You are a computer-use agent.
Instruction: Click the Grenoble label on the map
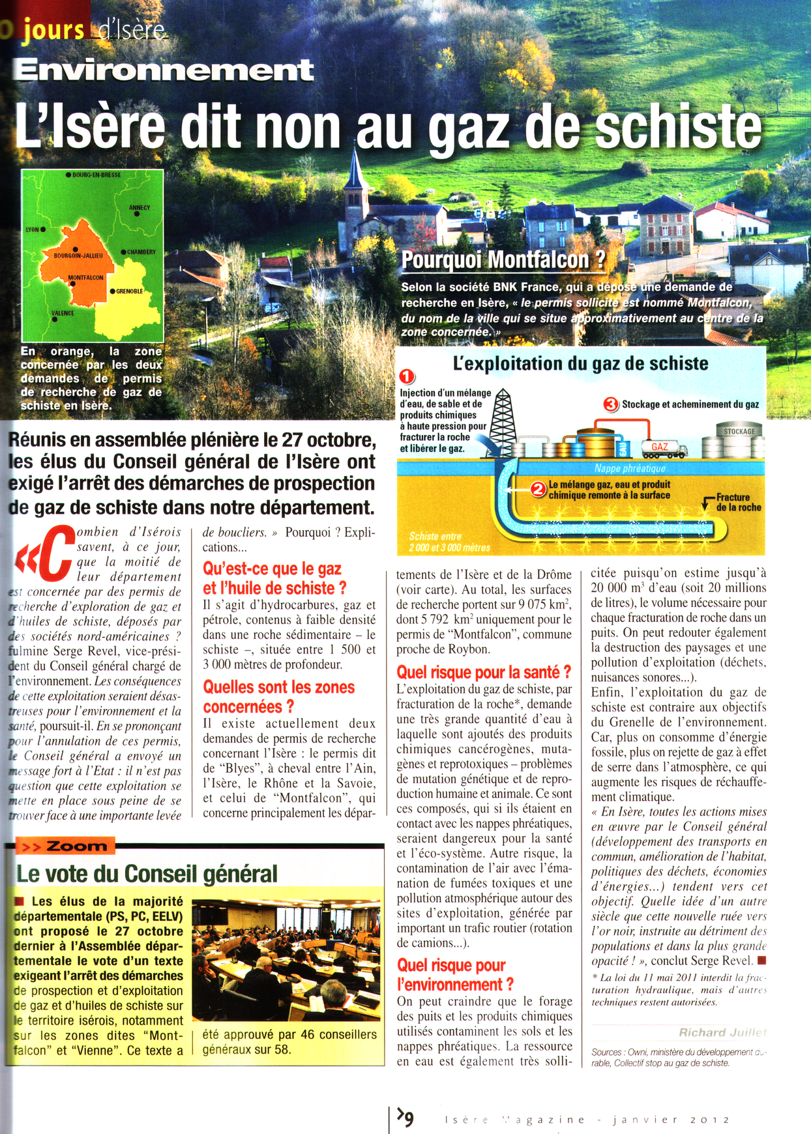click(x=129, y=291)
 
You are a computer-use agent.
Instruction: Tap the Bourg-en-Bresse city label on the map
click(x=96, y=175)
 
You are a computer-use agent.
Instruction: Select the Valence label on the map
click(x=63, y=314)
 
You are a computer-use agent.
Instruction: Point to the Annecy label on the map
click(x=140, y=208)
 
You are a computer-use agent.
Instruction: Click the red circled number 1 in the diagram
click(x=407, y=377)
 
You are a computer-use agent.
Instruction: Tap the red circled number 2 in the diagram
click(x=538, y=489)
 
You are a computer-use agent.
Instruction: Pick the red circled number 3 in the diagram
click(x=611, y=404)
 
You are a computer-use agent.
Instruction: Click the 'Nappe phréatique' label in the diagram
click(x=629, y=468)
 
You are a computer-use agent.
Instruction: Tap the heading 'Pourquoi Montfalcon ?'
click(x=503, y=260)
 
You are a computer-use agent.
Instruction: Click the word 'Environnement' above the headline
click(x=164, y=70)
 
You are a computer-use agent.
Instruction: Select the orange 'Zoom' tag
click(x=66, y=846)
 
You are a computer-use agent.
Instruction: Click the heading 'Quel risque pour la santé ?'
click(x=484, y=672)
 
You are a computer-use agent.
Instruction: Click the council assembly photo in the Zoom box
click(x=286, y=959)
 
